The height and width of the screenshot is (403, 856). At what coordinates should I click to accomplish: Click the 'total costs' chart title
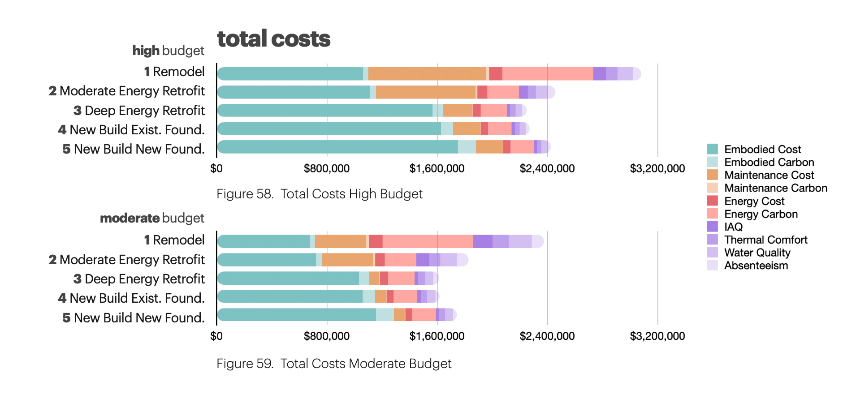pos(273,39)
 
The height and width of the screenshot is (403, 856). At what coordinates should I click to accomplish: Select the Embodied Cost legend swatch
pos(712,149)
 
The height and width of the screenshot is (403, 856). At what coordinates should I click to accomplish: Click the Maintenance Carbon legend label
pos(775,188)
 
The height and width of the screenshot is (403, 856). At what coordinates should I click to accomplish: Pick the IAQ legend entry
pos(733,227)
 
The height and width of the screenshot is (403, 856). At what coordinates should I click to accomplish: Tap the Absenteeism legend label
pos(756,266)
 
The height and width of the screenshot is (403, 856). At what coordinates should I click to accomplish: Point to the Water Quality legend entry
pos(757,253)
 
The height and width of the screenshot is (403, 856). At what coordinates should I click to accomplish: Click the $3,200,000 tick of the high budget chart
pos(657,168)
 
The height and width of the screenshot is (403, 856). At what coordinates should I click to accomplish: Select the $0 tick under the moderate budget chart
pos(216,336)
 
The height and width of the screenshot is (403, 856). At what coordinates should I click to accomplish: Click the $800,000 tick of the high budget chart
pos(326,168)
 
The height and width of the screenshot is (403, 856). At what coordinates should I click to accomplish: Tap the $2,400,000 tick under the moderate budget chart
pos(547,336)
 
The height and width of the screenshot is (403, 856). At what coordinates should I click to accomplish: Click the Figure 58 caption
pos(319,194)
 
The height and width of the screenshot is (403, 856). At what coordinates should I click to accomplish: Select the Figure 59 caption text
pos(333,364)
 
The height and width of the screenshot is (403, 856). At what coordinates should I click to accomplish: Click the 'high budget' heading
pos(168,51)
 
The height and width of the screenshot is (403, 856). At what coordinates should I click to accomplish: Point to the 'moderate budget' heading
pos(152,218)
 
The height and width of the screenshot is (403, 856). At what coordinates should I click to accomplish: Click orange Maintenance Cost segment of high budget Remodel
pos(427,74)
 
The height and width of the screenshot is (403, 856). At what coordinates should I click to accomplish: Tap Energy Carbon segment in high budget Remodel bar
pos(547,74)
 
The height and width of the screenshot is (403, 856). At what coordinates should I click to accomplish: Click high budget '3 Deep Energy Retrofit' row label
pos(139,111)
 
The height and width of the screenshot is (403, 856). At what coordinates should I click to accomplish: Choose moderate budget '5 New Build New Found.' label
pos(134,318)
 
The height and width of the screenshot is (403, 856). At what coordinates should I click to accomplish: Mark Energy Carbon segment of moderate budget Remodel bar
pos(428,241)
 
